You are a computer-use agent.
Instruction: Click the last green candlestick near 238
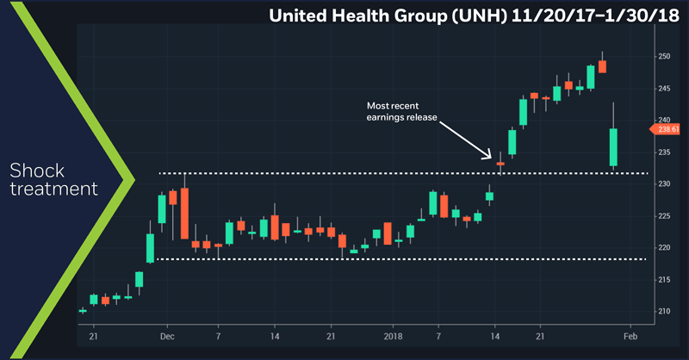[613, 147]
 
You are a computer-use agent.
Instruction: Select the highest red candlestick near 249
[603, 65]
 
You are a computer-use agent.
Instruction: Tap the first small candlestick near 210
[83, 310]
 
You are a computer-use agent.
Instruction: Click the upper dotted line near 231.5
[344, 173]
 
